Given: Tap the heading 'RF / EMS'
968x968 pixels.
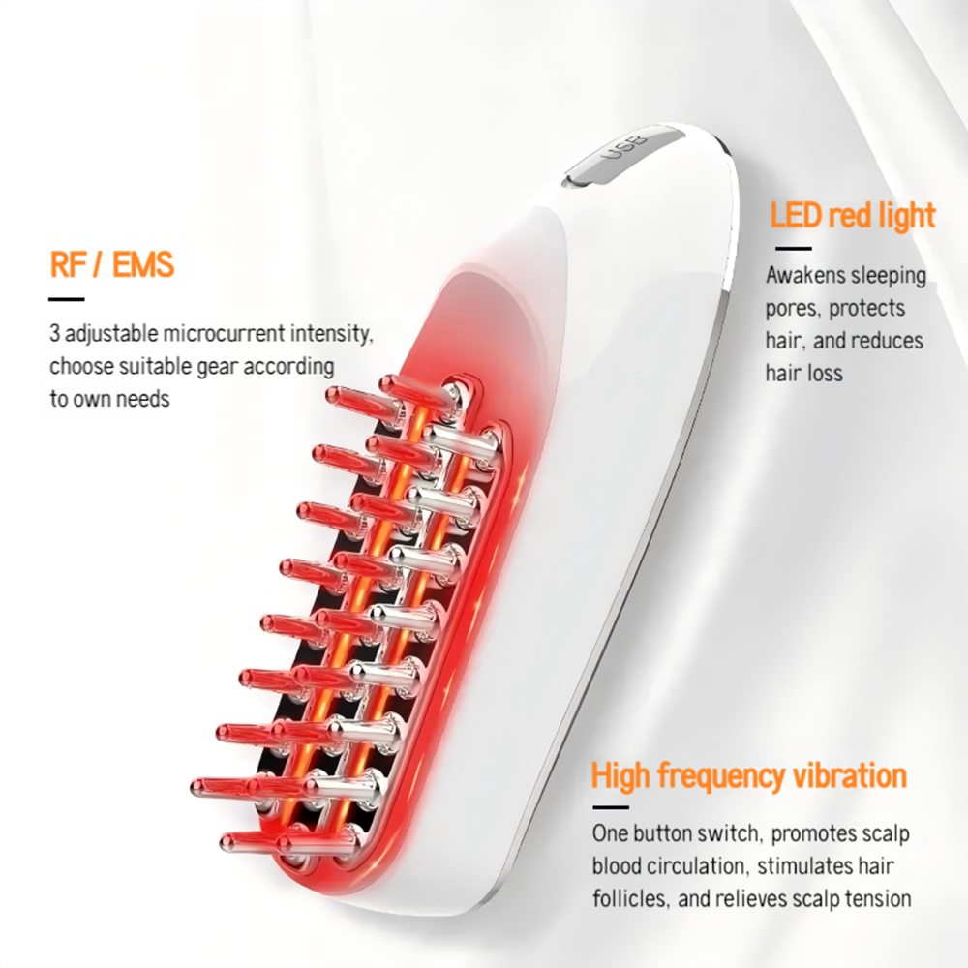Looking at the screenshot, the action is pos(112,264).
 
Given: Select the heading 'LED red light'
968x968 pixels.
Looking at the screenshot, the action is pos(853,215).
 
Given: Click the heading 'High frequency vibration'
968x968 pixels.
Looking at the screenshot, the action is pos(748,775).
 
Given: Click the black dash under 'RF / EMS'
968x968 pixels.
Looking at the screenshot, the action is pos(67,299).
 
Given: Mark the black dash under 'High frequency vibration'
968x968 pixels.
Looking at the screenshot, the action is pos(610,806).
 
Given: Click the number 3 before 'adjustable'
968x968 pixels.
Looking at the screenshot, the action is pos(55,335).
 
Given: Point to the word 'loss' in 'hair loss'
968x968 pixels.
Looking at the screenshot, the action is pos(823,373).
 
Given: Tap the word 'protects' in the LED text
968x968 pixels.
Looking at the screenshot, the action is pos(865,308).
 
